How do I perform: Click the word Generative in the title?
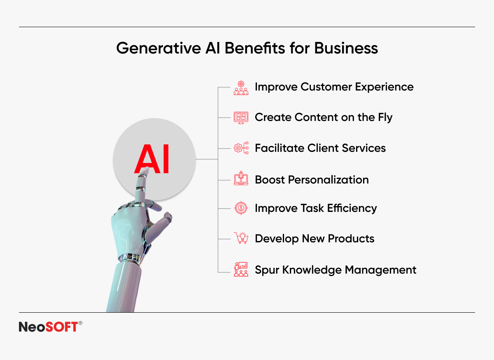pyautogui.click(x=158, y=48)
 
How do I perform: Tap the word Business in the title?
pyautogui.click(x=346, y=48)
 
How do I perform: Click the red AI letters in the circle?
pyautogui.click(x=152, y=159)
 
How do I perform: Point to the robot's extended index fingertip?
pyautogui.click(x=146, y=171)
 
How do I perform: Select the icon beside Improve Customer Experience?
pyautogui.click(x=241, y=88)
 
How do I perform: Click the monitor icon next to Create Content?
pyautogui.click(x=241, y=118)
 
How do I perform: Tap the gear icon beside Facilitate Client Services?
pyautogui.click(x=241, y=148)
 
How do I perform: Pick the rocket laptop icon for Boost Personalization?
pyautogui.click(x=241, y=178)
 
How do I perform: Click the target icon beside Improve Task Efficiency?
pyautogui.click(x=241, y=208)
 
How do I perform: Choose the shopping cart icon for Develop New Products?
pyautogui.click(x=241, y=238)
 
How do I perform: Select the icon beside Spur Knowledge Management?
pyautogui.click(x=241, y=269)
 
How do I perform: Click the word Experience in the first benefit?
pyautogui.click(x=384, y=87)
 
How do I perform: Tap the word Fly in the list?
pyautogui.click(x=385, y=118)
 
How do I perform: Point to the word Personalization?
pyautogui.click(x=328, y=180)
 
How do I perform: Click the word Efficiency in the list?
pyautogui.click(x=352, y=208)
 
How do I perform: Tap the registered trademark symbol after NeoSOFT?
pyautogui.click(x=80, y=323)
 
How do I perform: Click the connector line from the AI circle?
pyautogui.click(x=207, y=159)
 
